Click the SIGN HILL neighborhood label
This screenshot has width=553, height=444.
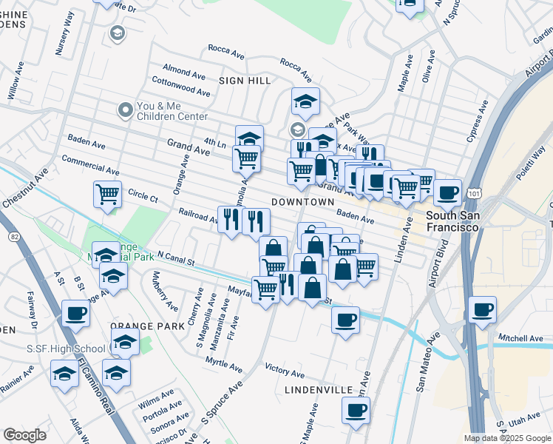(245, 80)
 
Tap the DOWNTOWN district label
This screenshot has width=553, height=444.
(303, 202)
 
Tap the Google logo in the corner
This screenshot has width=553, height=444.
(24, 435)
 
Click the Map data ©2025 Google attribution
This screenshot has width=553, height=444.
(507, 438)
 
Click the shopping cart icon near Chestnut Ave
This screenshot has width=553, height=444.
(108, 195)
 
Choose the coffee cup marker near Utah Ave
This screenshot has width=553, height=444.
(356, 409)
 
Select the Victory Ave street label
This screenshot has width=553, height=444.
(285, 374)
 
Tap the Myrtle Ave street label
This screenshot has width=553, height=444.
(224, 365)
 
